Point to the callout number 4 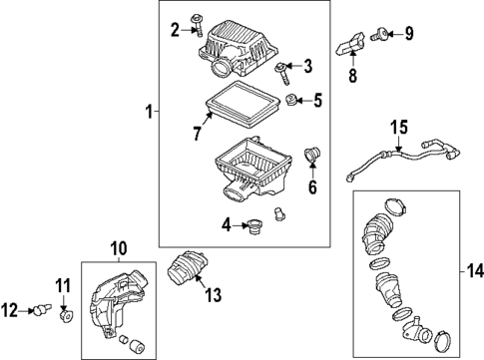pos(227,225)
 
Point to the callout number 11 pos(62,289)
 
